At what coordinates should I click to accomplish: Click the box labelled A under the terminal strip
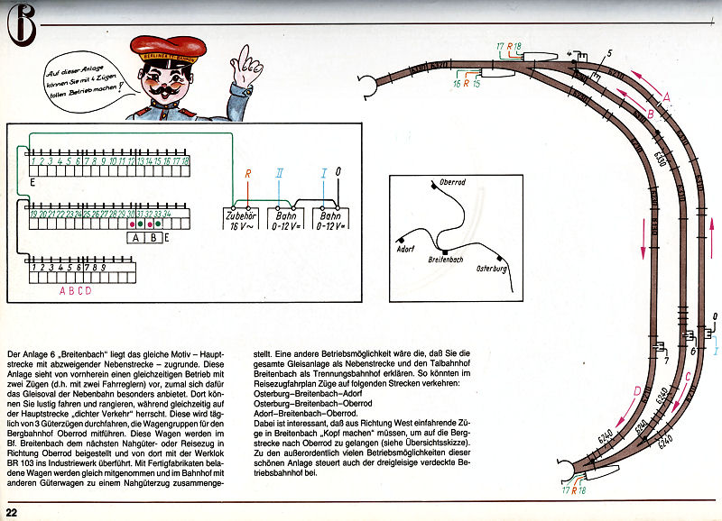pyautogui.click(x=135, y=238)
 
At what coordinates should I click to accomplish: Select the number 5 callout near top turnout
pyautogui.click(x=609, y=54)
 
